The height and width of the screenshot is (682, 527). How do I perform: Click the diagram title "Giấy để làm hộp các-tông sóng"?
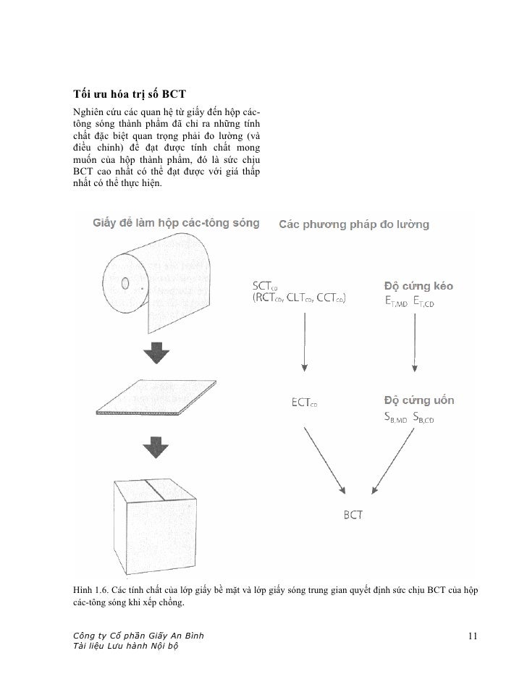tap(176, 223)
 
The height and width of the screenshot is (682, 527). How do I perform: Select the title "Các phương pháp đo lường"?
tap(354, 224)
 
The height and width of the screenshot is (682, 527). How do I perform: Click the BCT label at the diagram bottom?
tap(353, 515)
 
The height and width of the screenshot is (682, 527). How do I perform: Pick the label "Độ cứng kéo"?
tap(418, 286)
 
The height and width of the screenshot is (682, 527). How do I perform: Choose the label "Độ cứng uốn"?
tap(418, 400)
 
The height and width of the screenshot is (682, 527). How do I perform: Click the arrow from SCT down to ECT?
tap(305, 341)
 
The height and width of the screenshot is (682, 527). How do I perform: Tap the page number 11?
tap(473, 636)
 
